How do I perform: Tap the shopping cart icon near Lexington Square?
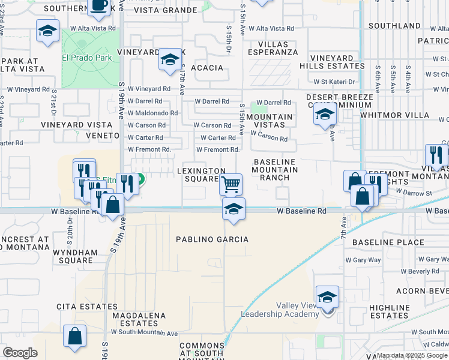pos(231,184)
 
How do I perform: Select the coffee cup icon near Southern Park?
pos(99,5)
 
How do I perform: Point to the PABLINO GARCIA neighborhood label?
pos(212,239)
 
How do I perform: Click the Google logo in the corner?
pos(20,353)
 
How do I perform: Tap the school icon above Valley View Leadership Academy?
pos(327,296)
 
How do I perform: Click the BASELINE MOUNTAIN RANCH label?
pos(276,170)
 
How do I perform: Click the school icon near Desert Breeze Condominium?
pos(325,113)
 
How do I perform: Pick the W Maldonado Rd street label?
pos(152,113)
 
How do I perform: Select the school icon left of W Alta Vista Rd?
pos(47,31)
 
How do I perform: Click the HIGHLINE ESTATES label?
pos(389,311)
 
